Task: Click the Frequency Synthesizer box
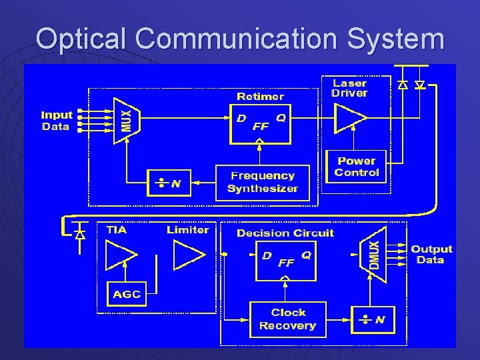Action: click(262, 182)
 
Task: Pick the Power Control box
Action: click(357, 167)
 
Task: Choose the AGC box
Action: click(127, 294)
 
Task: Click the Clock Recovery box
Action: click(287, 319)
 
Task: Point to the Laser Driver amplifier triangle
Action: click(349, 118)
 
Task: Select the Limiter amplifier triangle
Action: click(188, 253)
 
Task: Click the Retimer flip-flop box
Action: click(261, 123)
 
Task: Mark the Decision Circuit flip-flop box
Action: click(286, 259)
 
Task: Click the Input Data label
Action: click(57, 121)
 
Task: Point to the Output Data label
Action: click(431, 254)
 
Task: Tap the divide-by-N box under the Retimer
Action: click(169, 183)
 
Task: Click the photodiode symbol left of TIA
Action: click(80, 235)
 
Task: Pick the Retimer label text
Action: click(260, 97)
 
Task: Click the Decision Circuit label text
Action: click(285, 233)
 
